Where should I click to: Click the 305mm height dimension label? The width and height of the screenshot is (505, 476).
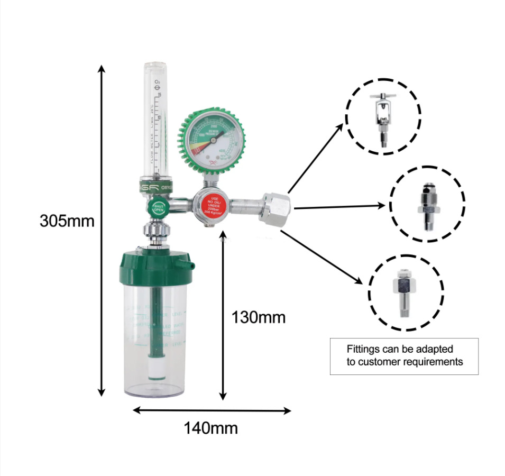67,221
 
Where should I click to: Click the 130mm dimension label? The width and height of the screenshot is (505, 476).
259,317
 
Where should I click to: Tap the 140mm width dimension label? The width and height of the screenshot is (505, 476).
210,427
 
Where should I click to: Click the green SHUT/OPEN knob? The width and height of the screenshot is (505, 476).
159,207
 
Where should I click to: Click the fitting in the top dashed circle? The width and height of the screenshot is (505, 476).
383,118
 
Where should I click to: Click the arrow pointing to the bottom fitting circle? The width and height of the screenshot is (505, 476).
324,255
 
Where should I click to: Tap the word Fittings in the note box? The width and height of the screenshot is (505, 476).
362,349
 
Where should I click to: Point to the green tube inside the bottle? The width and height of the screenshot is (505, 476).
155,323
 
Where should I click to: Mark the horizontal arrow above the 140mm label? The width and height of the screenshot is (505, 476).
212,410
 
